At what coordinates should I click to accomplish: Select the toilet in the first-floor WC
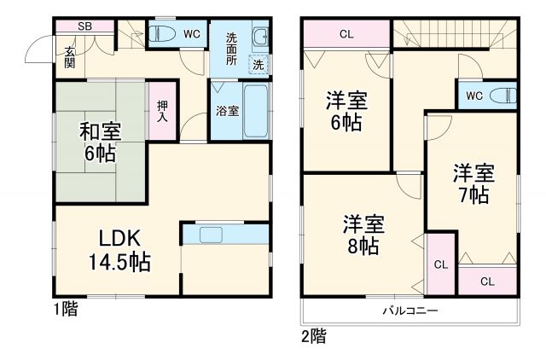click(163, 35)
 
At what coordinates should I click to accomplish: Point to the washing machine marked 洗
click(257, 63)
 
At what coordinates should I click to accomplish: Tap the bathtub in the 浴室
click(255, 110)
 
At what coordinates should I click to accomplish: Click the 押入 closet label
click(162, 110)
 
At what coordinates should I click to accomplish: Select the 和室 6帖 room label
click(101, 142)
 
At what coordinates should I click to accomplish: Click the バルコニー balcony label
click(409, 311)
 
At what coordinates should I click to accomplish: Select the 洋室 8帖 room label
click(363, 235)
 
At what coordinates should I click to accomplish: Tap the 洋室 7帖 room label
click(473, 183)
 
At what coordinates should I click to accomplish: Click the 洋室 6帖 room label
click(346, 111)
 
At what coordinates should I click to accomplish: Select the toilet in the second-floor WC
click(502, 95)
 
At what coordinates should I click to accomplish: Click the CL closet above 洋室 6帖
click(346, 35)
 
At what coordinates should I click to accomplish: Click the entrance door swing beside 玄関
click(39, 51)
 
